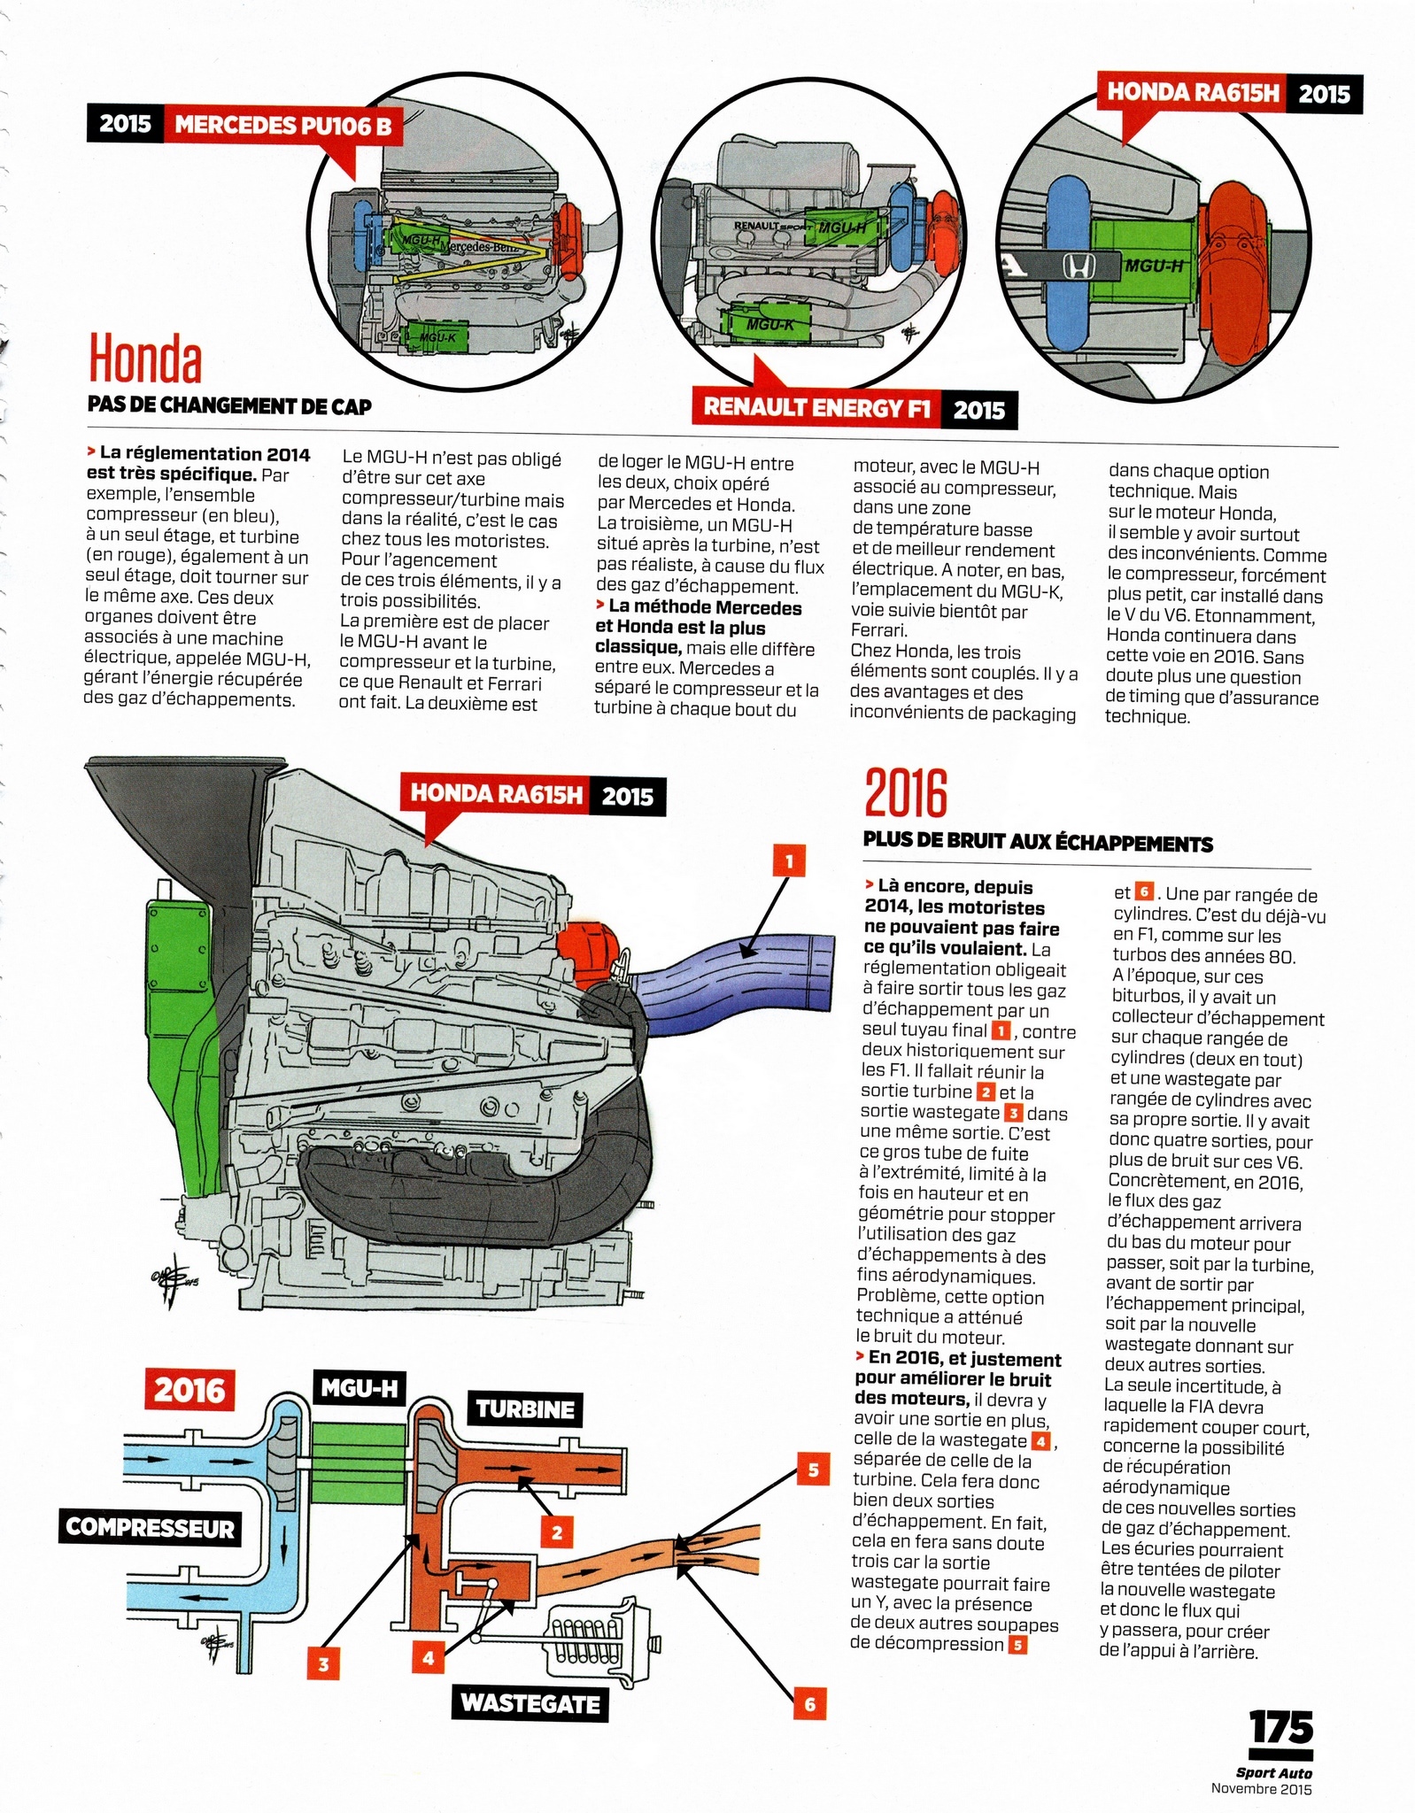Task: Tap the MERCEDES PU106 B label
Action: pos(282,124)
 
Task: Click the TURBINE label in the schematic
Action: pos(524,1408)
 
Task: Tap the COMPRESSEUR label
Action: pos(150,1528)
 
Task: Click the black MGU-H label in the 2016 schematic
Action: pos(359,1388)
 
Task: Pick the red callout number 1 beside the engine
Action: pos(789,860)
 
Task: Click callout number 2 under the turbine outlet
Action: pos(557,1532)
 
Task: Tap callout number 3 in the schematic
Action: pos(323,1664)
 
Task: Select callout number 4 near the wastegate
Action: pos(428,1657)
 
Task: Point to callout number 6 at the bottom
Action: pos(809,1703)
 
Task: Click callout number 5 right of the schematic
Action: pos(813,1470)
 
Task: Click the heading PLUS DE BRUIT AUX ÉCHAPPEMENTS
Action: pos(1038,843)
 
